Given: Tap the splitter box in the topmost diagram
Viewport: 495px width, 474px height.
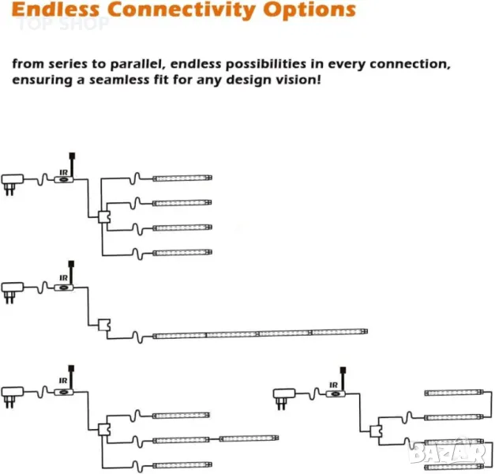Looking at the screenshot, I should (x=104, y=216).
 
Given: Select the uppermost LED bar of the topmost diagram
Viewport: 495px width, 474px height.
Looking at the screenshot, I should (x=182, y=179).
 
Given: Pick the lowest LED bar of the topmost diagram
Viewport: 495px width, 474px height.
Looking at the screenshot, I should (x=182, y=253).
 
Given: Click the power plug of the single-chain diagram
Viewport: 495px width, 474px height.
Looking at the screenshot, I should (x=13, y=288).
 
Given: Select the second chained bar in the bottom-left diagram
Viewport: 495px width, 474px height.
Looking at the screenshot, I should (x=249, y=438).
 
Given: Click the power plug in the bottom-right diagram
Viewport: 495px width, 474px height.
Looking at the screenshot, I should (x=283, y=393).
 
